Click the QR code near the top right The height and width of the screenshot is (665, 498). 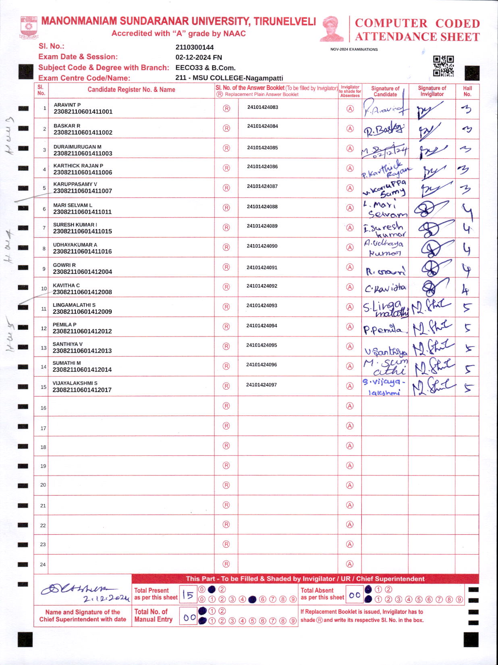443,66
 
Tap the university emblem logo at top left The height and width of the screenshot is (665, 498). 29,27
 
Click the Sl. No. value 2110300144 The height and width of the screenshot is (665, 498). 195,47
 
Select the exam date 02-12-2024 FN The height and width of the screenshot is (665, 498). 199,57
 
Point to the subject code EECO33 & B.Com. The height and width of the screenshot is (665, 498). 205,68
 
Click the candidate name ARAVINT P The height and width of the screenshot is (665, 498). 67,105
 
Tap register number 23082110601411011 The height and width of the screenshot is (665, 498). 83,212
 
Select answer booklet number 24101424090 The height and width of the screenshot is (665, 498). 262,246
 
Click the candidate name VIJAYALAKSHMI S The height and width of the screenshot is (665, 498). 75,383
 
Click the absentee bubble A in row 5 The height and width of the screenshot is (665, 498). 350,188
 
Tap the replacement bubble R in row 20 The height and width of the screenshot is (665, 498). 226,485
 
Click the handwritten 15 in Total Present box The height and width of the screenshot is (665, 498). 188,594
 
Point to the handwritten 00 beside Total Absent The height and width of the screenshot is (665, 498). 355,595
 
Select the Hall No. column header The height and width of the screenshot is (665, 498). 467,91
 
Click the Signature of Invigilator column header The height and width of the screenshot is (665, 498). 432,91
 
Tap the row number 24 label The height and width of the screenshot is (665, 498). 43,565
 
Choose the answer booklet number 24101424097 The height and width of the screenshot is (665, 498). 261,385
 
